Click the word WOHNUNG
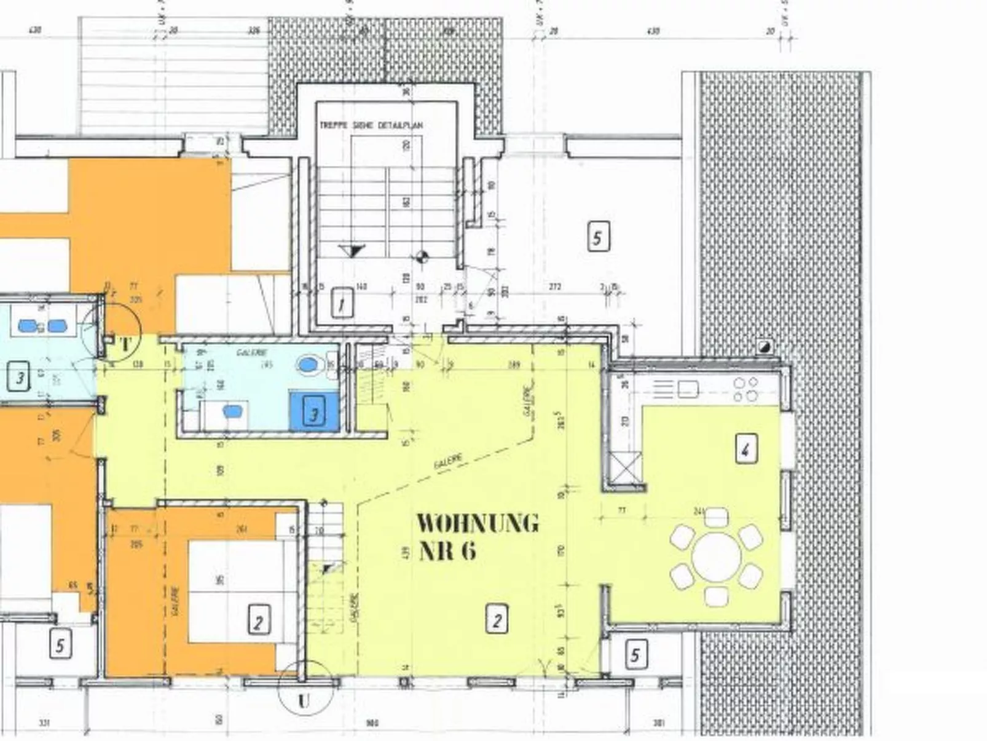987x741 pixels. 478,523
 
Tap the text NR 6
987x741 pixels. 447,550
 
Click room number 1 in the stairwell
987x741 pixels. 342,303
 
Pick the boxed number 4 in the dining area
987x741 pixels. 745,448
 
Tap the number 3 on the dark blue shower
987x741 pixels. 314,413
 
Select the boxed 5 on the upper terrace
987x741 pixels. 598,237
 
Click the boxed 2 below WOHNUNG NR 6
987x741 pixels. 497,619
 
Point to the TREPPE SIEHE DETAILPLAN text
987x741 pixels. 371,125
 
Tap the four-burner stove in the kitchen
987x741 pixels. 746,389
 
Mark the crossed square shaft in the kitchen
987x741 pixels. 626,467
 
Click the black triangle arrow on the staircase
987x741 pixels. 353,250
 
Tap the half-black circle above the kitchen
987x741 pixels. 765,346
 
